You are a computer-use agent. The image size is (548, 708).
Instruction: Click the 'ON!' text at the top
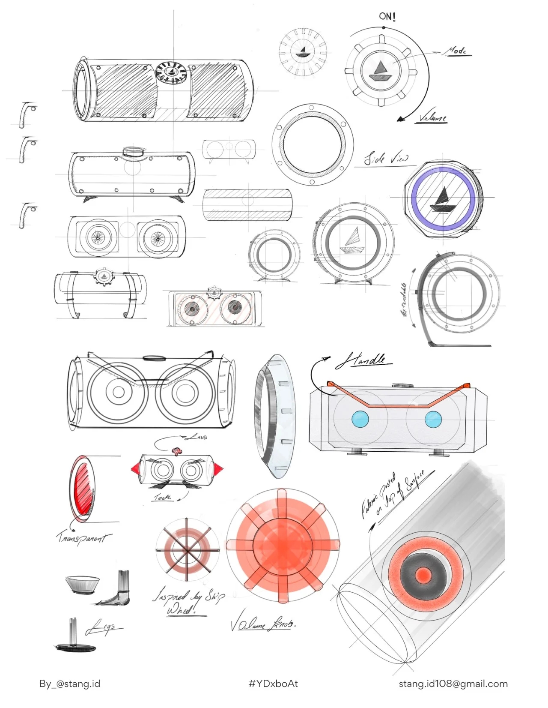(387, 16)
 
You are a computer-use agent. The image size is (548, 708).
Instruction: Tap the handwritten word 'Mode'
(456, 51)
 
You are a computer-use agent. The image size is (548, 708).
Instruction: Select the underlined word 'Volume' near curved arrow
(432, 117)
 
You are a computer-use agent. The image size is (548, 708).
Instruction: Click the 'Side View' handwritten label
(386, 159)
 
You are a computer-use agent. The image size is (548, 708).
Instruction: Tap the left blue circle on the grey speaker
(360, 419)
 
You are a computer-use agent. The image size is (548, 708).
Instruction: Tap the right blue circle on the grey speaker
(433, 419)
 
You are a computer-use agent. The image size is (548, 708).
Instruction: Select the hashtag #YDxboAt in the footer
(273, 684)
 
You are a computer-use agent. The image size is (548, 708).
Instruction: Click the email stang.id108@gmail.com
(453, 684)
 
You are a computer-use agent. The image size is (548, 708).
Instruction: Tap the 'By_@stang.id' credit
(70, 684)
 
